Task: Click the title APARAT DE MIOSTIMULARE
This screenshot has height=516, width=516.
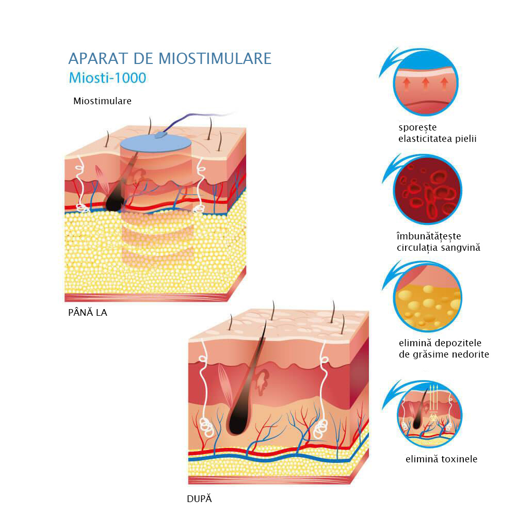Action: pyautogui.click(x=170, y=58)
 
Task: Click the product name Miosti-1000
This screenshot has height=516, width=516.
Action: pyautogui.click(x=107, y=77)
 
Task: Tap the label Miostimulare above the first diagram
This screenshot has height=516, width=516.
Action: pyautogui.click(x=102, y=101)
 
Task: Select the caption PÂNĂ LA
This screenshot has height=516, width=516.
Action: pyautogui.click(x=88, y=312)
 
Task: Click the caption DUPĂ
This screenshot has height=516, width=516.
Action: pyautogui.click(x=199, y=499)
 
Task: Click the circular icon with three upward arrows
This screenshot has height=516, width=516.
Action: pyautogui.click(x=425, y=83)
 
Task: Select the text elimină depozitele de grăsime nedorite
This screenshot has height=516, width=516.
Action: pyautogui.click(x=443, y=349)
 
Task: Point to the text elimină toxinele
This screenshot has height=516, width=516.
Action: pyautogui.click(x=441, y=459)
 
